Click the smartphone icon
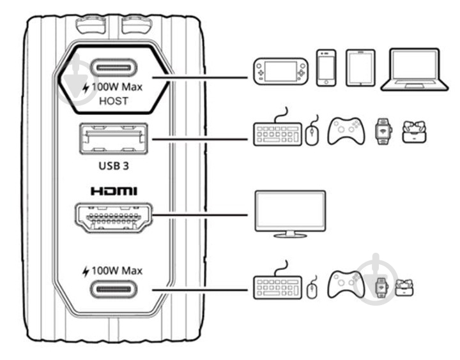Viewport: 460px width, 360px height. click(x=326, y=67)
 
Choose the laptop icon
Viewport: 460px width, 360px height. click(x=410, y=69)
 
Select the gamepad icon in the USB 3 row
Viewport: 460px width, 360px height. click(x=346, y=131)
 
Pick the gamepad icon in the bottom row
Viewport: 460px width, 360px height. click(x=346, y=285)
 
